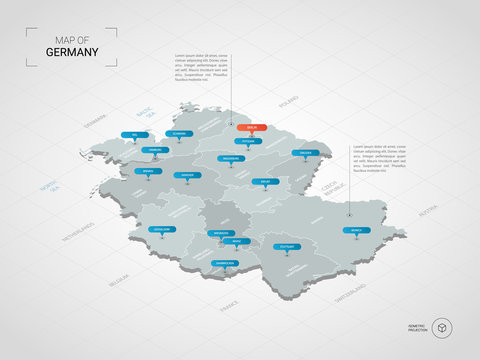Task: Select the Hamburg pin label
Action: coord(154,150)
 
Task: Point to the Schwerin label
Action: coord(179,133)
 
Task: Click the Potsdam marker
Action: coord(249,142)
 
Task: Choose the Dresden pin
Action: coord(304,153)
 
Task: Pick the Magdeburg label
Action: coord(229,158)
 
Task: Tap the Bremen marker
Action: coord(147,171)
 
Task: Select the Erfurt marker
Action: coord(264,181)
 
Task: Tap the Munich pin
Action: coord(357,229)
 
